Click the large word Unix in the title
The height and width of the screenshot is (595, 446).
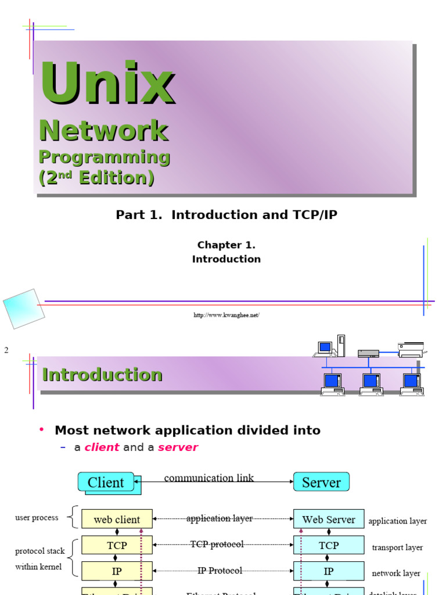coord(106,84)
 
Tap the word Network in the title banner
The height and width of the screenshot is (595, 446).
coord(103,131)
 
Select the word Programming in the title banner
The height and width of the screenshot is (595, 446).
coord(104,157)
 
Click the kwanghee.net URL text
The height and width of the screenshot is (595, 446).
coord(226,315)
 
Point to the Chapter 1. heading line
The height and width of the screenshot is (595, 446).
coord(226,245)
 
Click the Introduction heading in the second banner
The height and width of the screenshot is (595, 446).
coord(102,375)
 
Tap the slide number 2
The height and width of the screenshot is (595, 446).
coord(6,350)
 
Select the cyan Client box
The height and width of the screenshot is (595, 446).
coord(106,482)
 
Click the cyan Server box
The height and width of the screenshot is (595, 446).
coord(321,482)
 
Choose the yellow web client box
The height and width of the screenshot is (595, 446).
coord(117,519)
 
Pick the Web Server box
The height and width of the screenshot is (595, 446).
coord(329,519)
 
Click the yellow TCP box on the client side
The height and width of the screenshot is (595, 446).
coord(117,546)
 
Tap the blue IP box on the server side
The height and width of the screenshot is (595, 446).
coord(329,571)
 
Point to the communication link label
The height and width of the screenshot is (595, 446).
coord(209,478)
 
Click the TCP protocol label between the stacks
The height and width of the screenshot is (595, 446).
coord(217,544)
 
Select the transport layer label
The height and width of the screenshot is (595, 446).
coord(397,547)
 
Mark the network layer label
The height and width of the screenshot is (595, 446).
coord(396,574)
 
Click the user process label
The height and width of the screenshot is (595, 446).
coord(37,518)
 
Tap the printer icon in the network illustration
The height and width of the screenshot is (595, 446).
coord(411,349)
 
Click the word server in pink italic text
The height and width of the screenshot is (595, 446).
coord(178,447)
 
